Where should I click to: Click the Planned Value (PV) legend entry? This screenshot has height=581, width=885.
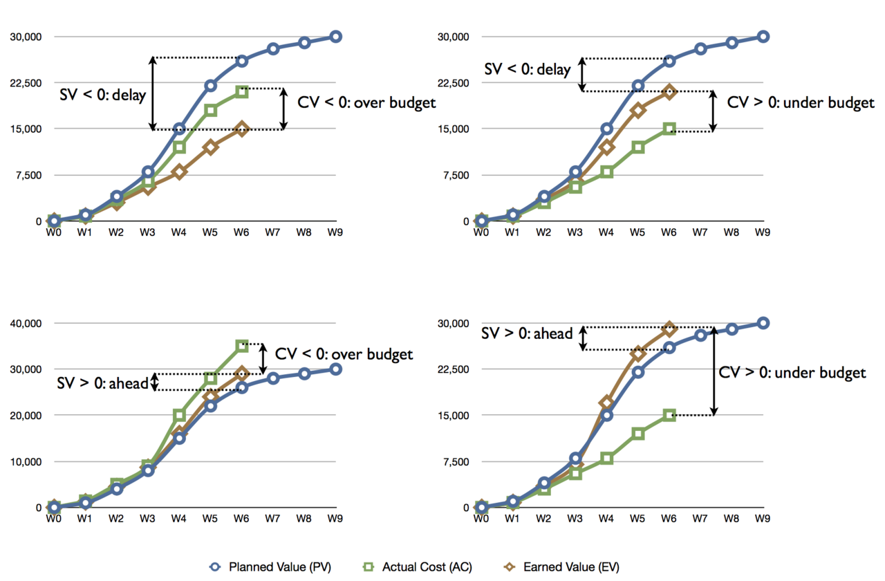[270, 567]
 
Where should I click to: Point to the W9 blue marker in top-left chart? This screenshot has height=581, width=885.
[335, 37]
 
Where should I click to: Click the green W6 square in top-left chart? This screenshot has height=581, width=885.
[241, 91]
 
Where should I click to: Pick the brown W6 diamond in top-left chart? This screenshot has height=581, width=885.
[241, 129]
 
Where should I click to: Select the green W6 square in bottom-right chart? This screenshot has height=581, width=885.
[669, 415]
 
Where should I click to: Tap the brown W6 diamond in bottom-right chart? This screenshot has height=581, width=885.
[669, 328]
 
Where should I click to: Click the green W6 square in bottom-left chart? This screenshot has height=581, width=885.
[241, 346]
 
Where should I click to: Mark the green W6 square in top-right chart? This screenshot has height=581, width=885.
[669, 129]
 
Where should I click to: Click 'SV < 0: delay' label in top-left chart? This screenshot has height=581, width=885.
[103, 95]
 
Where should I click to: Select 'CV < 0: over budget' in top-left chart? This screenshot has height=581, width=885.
[366, 102]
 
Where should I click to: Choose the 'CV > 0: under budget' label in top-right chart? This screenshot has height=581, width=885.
[801, 103]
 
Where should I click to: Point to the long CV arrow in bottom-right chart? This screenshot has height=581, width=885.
[713, 371]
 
